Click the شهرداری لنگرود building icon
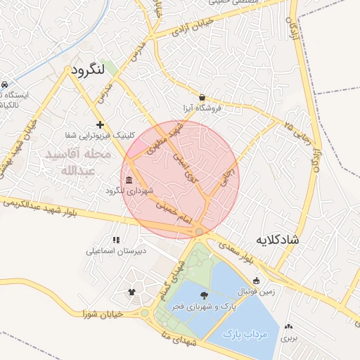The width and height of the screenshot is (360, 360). coord(128,183)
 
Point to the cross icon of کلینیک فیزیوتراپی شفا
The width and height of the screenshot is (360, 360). coord(100,124)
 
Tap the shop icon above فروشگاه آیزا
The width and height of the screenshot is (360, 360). coord(202,98)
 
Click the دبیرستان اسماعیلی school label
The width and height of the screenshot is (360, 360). coord(115,250)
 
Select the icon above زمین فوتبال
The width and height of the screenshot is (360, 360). coord(256,281)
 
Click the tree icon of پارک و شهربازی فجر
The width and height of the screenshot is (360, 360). coord(204,296)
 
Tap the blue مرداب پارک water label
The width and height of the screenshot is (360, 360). coord(245,335)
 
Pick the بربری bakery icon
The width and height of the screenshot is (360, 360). coord(289,326)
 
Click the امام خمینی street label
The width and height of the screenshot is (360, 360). coord(176,214)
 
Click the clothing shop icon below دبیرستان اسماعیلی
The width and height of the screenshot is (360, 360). coord(131,290)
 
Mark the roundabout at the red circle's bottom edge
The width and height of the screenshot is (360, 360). coord(200,231)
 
